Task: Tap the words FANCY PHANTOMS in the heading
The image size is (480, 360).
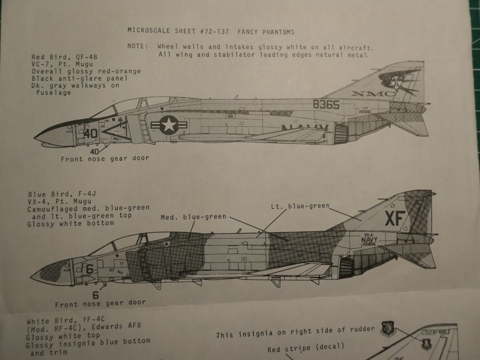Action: [266, 31]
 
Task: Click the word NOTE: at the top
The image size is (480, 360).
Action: [138, 47]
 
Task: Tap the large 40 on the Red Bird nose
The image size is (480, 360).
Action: [90, 133]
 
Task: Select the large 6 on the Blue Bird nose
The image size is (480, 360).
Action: [89, 270]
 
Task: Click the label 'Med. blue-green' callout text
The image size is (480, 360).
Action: [193, 217]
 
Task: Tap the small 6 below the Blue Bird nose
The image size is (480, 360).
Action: [96, 295]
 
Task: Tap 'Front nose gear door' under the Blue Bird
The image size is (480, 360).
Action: [100, 304]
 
